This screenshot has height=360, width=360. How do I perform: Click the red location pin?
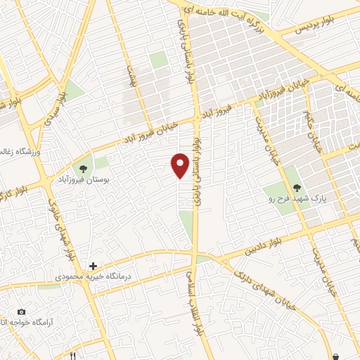[181, 165]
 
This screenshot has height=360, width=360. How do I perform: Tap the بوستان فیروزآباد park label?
[106, 180]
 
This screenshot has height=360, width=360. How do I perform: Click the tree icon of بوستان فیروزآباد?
[84, 169]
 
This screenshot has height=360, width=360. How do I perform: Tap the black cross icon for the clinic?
[92, 266]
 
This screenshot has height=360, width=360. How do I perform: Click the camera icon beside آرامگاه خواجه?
[21, 312]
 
